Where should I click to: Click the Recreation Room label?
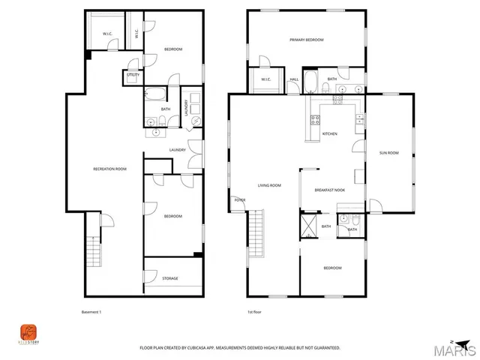pos(109,169)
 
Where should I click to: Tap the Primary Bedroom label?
pos(307,40)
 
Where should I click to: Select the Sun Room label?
pos(388,153)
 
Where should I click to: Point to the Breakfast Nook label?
pos(329,190)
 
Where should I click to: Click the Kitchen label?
pos(329,134)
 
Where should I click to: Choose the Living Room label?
pos(269,185)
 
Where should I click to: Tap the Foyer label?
pos(240,200)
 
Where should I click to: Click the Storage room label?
pos(170,278)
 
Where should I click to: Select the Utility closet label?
pos(132,76)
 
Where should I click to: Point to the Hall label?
pos(294,79)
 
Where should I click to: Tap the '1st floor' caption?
pos(255,312)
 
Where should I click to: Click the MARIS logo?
pos(457,349)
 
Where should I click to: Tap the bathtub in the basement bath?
pos(156,94)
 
